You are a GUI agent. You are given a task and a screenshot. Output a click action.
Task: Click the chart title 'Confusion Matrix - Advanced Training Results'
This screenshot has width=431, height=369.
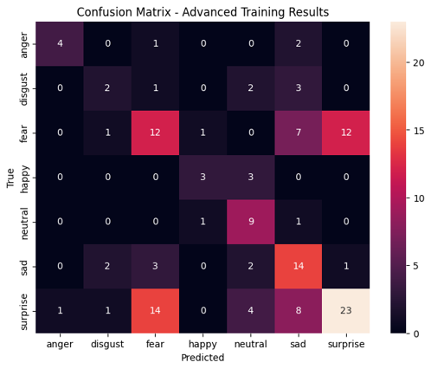215,11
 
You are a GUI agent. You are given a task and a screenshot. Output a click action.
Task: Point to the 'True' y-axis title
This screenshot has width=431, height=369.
11,178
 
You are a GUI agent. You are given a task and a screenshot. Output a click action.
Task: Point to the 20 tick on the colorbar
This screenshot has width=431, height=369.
419,62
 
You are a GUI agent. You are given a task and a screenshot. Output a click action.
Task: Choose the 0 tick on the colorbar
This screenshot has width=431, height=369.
416,333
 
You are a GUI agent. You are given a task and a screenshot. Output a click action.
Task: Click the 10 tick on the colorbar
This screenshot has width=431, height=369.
419,197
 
